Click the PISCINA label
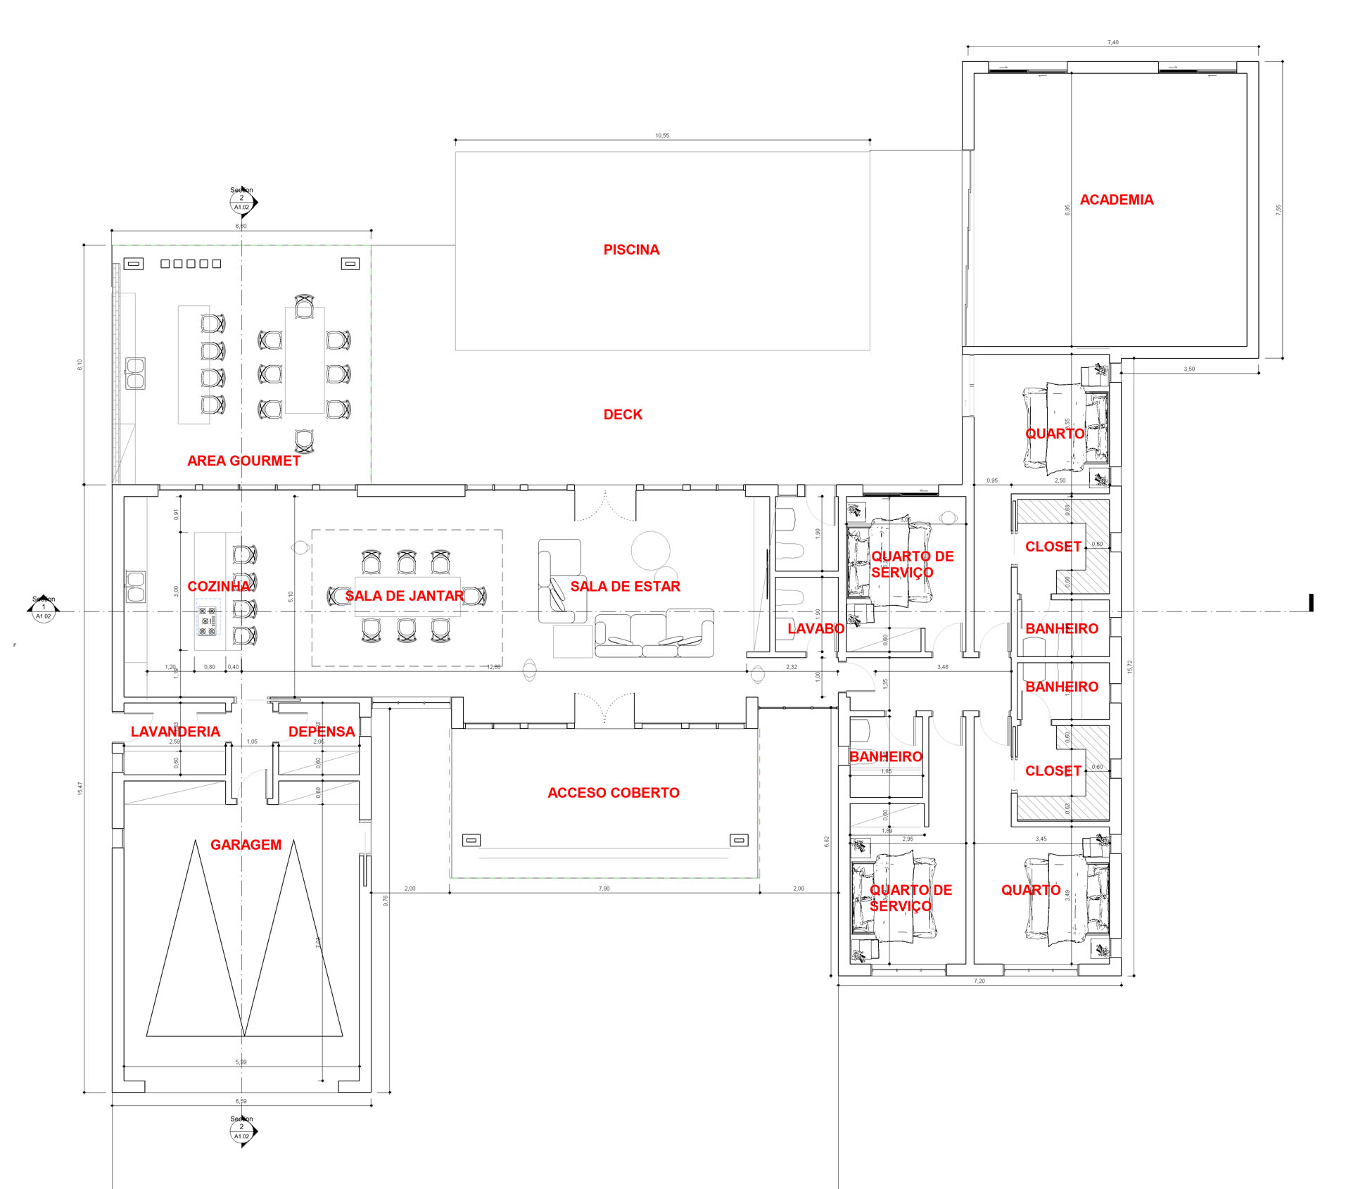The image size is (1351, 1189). tap(631, 250)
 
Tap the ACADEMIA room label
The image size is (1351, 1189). tap(1116, 200)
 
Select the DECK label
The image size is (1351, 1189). tap(623, 414)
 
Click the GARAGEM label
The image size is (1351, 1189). tap(246, 844)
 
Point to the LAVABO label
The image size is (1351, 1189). tap(816, 628)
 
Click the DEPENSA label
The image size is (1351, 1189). tap(322, 731)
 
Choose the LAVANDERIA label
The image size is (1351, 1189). tap(175, 731)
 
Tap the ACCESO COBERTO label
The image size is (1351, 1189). tap(614, 792)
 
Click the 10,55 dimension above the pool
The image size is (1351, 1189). tap(662, 135)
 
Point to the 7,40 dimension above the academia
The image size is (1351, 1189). tap(1112, 42)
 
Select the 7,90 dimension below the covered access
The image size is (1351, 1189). tap(604, 889)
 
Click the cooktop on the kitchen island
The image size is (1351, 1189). tap(208, 617)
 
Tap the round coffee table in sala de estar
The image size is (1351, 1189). tap(650, 550)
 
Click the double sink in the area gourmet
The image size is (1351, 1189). tap(135, 373)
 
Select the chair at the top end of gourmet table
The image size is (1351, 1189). tap(304, 307)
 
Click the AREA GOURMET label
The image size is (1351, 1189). tap(243, 461)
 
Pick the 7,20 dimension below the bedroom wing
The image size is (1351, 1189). tap(979, 981)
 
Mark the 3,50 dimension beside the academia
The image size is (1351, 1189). tap(1188, 369)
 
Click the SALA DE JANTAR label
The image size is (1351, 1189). tap(404, 596)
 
